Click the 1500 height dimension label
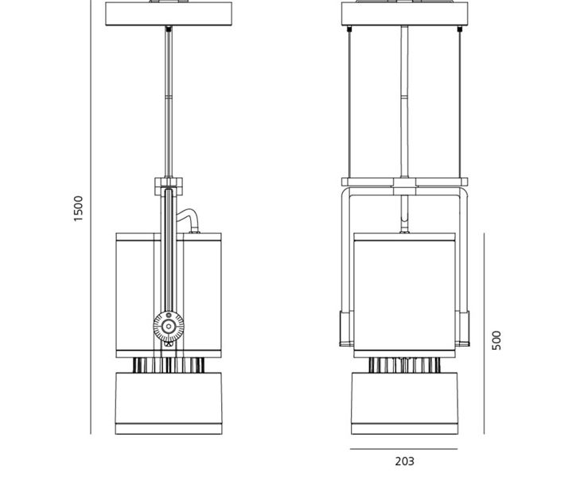coord(78,208)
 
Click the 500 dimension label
coord(496,340)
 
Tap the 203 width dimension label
coord(404,461)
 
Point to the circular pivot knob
coord(169,326)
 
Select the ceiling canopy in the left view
coord(169,14)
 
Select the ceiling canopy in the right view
coord(404,14)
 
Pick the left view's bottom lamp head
coord(169,403)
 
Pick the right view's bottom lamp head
coord(404,403)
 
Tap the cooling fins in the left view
coord(169,365)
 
